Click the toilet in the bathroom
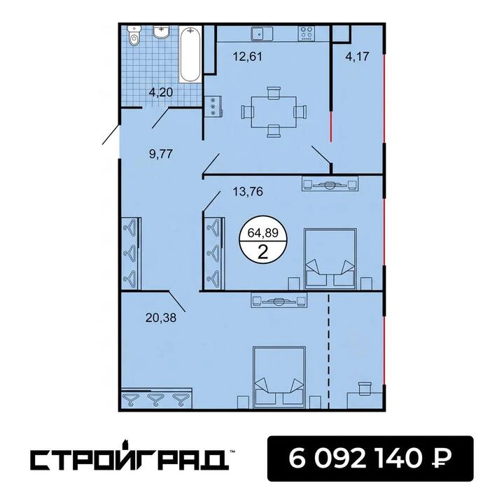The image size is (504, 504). click(x=134, y=36)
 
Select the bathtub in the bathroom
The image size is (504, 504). click(x=190, y=55)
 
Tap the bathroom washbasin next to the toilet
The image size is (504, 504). click(x=162, y=32)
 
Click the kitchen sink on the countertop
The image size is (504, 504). click(x=262, y=34)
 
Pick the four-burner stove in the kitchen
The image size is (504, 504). click(x=306, y=34)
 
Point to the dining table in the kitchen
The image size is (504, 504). click(x=274, y=112)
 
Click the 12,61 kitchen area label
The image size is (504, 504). click(x=248, y=57)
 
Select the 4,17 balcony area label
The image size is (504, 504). click(x=357, y=57)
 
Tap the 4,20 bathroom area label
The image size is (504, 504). click(x=161, y=92)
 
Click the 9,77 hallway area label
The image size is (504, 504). click(x=161, y=154)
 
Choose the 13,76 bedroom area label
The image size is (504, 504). click(x=248, y=192)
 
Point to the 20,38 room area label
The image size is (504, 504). click(x=161, y=318)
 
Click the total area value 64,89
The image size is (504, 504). click(x=263, y=232)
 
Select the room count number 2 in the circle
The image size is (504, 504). click(x=263, y=252)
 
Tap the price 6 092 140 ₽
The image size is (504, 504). click(x=370, y=458)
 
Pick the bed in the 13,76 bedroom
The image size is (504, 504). click(x=330, y=259)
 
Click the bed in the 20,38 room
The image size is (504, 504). click(x=279, y=377)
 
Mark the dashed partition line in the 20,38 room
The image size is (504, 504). click(x=328, y=351)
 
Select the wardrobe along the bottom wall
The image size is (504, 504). click(x=157, y=398)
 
